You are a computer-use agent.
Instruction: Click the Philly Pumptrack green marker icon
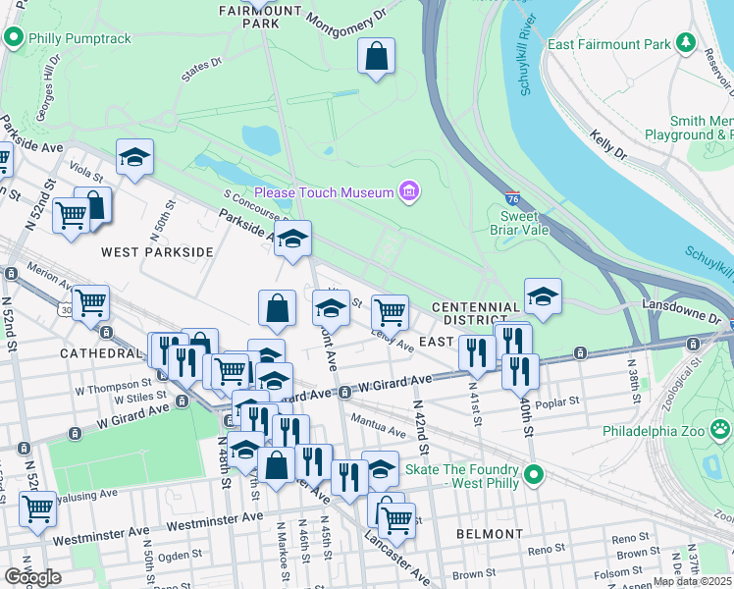(14, 39)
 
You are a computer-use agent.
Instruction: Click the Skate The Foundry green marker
(533, 476)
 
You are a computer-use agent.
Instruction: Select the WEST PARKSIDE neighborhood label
(157, 252)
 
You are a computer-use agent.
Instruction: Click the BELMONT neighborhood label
(490, 534)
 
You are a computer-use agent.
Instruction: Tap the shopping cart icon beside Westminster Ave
(37, 509)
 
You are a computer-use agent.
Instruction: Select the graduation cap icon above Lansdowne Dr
(543, 295)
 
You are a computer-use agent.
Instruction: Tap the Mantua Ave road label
(384, 430)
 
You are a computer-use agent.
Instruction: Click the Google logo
(33, 577)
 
